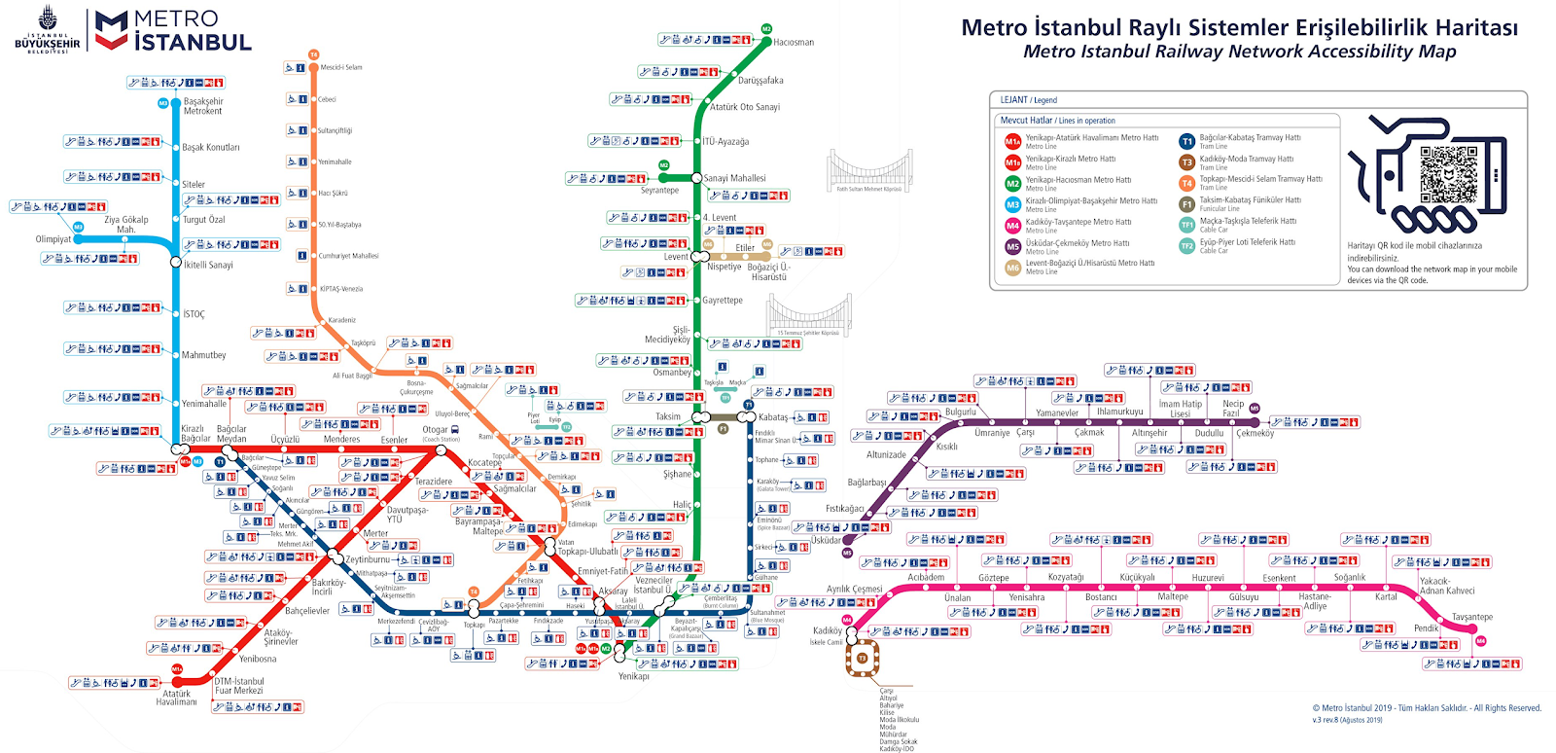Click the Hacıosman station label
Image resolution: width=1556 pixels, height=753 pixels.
pos(794,43)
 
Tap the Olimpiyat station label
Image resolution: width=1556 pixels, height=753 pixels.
pos(53,239)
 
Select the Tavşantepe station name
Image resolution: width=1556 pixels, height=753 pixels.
pos(1471,617)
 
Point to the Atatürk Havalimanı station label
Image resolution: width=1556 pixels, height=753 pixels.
pos(176,698)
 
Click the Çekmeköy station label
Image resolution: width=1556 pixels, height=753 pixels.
pos(1255,434)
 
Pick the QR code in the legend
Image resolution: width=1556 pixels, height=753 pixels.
pos(1448,174)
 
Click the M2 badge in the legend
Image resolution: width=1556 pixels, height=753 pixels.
pos(1012,183)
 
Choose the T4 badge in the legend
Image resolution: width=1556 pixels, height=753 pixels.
pos(1186,183)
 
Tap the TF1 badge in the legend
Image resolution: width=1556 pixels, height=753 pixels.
pos(1186,225)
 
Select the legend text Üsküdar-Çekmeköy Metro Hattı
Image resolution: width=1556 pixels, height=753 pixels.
pos(1078,243)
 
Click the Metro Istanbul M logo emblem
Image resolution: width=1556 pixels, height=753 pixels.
pos(111,30)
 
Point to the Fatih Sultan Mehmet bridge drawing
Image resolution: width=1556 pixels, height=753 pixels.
pos(868,171)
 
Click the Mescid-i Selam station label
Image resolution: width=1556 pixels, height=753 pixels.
pos(341,67)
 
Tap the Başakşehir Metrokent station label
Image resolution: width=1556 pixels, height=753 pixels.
pos(203,106)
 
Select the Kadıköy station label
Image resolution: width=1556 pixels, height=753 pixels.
pos(828,630)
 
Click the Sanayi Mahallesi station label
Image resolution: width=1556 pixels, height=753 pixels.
pos(734,178)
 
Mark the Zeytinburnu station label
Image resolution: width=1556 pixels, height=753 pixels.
pos(368,559)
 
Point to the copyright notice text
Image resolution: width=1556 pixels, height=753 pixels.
pos(1427,708)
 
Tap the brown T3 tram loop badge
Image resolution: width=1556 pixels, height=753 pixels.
pos(862,659)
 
